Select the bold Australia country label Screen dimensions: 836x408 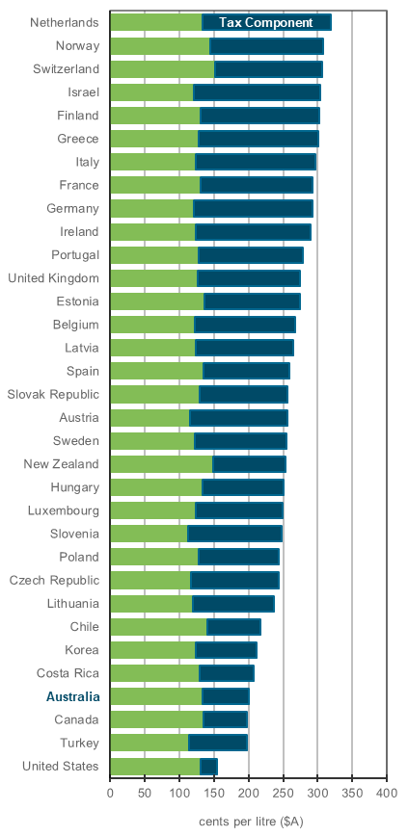[72, 695]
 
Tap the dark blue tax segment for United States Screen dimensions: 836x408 [208, 766]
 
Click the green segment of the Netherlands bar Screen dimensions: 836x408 [155, 22]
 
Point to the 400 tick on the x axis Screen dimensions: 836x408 [386, 793]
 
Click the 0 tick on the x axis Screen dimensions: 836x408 [110, 793]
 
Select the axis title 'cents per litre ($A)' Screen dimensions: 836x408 [251, 821]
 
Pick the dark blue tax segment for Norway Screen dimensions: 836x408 [266, 45]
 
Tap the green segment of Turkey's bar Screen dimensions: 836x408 [149, 742]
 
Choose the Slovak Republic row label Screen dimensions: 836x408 [53, 394]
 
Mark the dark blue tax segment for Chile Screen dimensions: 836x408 [233, 626]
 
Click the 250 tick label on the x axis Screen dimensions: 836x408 [283, 793]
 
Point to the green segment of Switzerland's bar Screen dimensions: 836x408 [162, 68]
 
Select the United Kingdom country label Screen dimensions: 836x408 [53, 277]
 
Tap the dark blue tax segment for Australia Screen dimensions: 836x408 [225, 695]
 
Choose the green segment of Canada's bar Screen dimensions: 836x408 [156, 718]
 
